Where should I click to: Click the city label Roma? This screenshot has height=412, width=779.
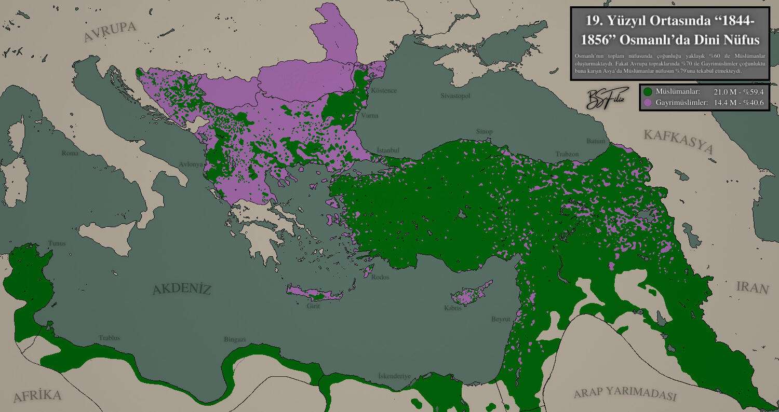tap(70, 154)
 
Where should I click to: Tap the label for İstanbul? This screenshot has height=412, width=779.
tap(387, 150)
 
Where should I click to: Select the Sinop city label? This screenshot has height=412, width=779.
tap(484, 132)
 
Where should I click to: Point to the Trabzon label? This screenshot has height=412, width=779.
tap(567, 154)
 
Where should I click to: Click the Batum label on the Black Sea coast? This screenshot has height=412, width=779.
tap(596, 141)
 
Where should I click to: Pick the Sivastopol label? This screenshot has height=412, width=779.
tap(455, 97)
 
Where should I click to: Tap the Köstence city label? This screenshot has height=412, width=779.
tap(384, 91)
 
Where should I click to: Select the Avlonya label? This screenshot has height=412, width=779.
tap(190, 164)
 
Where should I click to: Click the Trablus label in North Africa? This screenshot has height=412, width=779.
tap(109, 338)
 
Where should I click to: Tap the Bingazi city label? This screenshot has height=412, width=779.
tap(234, 339)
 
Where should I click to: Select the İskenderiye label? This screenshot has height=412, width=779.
tap(394, 376)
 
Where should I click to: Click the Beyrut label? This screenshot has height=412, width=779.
tap(501, 319)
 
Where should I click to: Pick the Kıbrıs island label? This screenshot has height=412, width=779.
tap(452, 308)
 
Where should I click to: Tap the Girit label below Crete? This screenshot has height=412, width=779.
tap(313, 306)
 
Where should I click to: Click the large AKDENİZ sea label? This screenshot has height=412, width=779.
tap(182, 290)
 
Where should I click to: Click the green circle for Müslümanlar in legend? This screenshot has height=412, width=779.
tap(647, 91)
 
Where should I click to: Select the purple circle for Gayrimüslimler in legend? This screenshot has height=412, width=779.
tap(647, 103)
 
